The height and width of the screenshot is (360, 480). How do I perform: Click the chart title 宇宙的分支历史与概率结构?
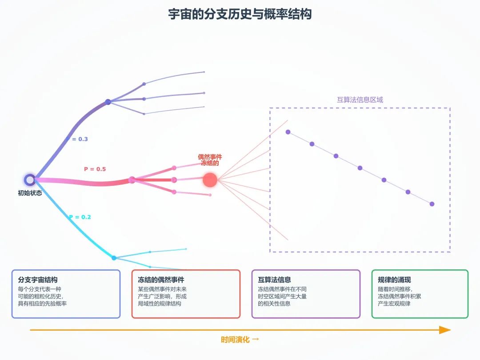point(240,14)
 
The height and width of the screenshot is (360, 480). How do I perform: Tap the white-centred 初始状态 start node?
point(30,180)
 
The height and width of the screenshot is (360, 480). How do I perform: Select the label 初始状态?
point(30,193)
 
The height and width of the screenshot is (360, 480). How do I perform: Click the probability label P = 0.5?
point(95,169)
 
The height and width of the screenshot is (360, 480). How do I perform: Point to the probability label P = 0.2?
point(80,217)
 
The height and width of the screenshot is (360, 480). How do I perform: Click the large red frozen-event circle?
point(210,180)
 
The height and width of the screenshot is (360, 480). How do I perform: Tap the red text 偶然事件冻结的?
point(210,160)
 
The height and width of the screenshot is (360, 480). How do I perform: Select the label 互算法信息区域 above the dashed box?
point(360,100)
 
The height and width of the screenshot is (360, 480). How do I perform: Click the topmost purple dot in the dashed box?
point(288,132)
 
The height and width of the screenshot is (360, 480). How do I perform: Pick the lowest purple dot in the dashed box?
point(432,204)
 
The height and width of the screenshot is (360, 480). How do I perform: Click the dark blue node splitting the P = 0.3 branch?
point(108,102)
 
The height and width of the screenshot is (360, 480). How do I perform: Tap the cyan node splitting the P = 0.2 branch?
point(114,258)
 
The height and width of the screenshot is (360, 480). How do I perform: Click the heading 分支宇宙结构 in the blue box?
point(38,280)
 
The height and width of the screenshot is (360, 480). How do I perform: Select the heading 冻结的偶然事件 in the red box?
point(161,280)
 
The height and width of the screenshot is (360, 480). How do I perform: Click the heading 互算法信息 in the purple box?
point(274,280)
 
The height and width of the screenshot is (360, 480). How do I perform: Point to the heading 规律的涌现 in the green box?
point(394,280)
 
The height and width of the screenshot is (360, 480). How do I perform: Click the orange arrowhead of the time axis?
point(445,330)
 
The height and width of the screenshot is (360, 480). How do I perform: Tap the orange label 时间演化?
point(235,340)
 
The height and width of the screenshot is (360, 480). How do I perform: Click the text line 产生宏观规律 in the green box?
point(394,304)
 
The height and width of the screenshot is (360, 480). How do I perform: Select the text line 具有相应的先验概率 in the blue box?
point(42,304)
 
